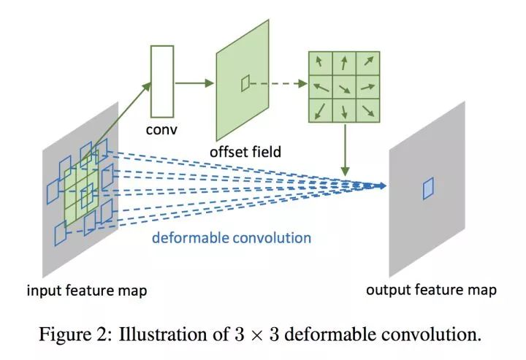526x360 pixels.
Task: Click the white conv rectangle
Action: (161, 81)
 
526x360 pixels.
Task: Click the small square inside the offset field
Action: (245, 83)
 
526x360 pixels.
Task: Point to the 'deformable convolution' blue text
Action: (231, 237)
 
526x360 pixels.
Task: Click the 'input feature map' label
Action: (87, 291)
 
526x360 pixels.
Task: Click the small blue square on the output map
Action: (428, 188)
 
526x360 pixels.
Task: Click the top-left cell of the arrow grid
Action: (320, 64)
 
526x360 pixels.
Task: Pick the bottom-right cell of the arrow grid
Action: (367, 110)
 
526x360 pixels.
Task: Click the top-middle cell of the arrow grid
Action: (343, 64)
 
